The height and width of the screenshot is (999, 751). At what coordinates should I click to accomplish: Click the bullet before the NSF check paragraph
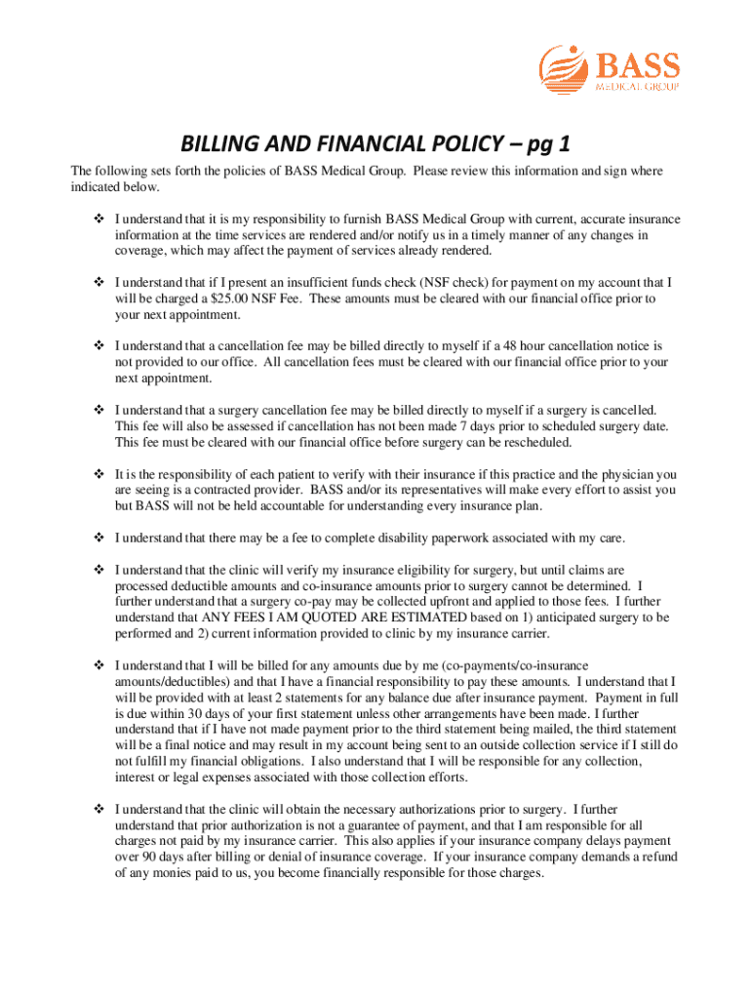[98, 283]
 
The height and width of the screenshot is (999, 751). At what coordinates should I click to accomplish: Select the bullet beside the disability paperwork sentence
[98, 537]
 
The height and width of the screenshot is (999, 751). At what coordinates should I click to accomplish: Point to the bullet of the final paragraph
[98, 809]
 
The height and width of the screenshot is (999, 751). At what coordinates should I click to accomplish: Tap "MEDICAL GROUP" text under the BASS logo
[637, 85]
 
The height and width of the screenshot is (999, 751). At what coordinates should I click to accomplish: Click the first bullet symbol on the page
[98, 219]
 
